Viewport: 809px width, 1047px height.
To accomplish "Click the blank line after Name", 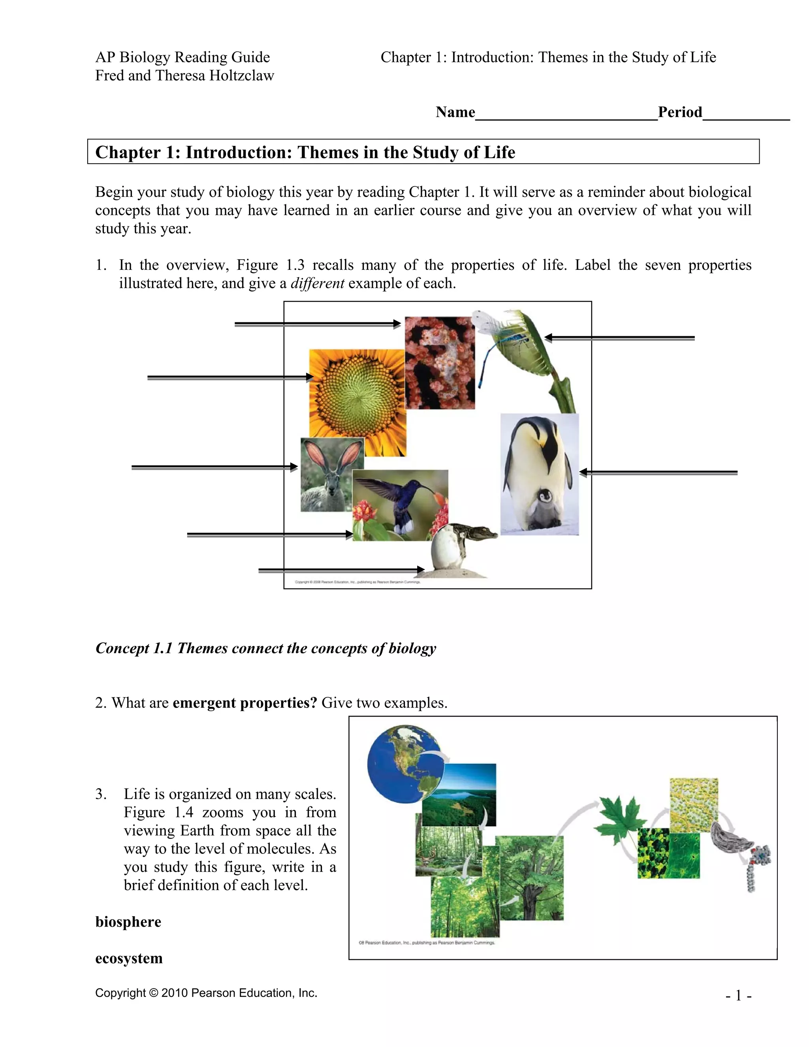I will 566,113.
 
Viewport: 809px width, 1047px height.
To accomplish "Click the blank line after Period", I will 745,113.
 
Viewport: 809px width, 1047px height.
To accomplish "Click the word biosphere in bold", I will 128,922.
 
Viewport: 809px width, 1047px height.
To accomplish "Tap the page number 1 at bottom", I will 738,996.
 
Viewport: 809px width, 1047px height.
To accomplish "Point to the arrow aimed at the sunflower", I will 230,378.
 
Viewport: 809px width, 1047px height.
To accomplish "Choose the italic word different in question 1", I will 317,283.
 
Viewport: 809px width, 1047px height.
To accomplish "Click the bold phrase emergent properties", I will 245,703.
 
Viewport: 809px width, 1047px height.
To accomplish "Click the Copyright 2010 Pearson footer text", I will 206,993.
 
